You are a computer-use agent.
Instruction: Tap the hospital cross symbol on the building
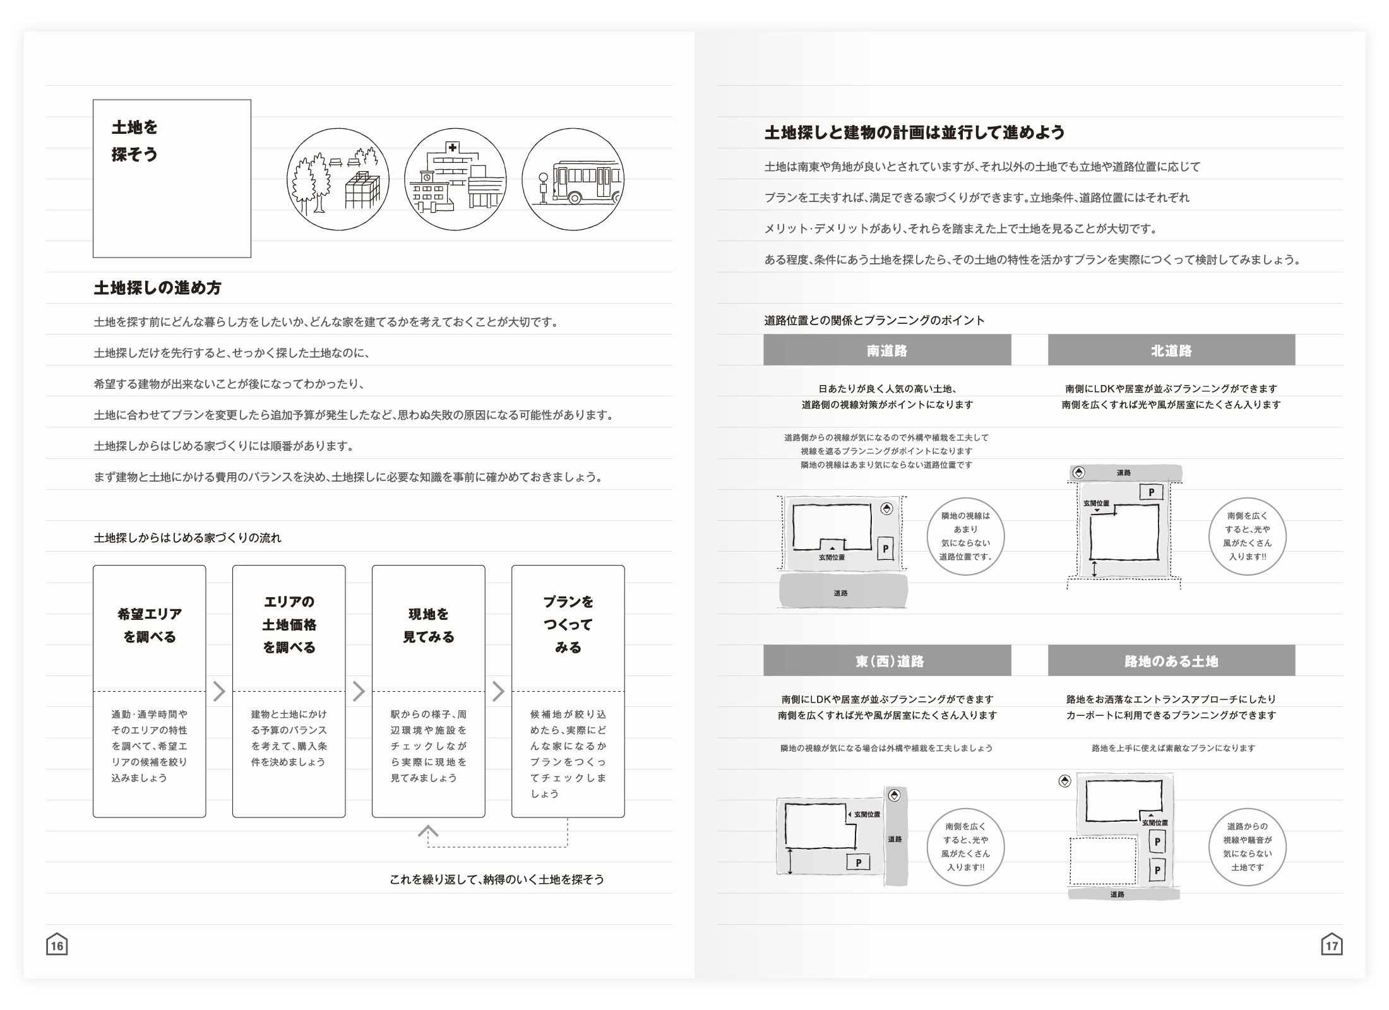pos(452,147)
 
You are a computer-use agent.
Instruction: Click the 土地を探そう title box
pos(172,178)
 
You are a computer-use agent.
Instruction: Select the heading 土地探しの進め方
pos(157,288)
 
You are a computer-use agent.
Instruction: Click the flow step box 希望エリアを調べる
pos(150,691)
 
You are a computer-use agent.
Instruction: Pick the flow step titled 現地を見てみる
pos(428,691)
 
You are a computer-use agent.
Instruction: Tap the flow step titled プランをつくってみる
pos(568,691)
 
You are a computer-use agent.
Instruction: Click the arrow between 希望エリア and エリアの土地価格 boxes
pos(219,691)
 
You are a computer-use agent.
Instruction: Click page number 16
pos(57,946)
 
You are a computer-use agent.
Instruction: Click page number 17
pos(1332,946)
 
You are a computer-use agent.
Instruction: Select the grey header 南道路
pos(887,350)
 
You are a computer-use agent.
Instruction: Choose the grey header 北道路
pos(1171,350)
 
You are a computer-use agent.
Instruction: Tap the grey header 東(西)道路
pos(887,661)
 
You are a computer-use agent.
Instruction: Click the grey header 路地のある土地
pos(1171,661)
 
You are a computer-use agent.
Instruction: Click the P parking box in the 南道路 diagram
pos(885,549)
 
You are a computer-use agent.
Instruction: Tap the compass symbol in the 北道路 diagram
pos(1078,472)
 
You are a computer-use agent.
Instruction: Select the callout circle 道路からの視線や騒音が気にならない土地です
pos(1247,847)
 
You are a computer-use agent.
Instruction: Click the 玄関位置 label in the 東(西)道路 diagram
pos(867,814)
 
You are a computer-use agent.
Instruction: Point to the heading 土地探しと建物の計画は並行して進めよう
pos(914,133)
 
